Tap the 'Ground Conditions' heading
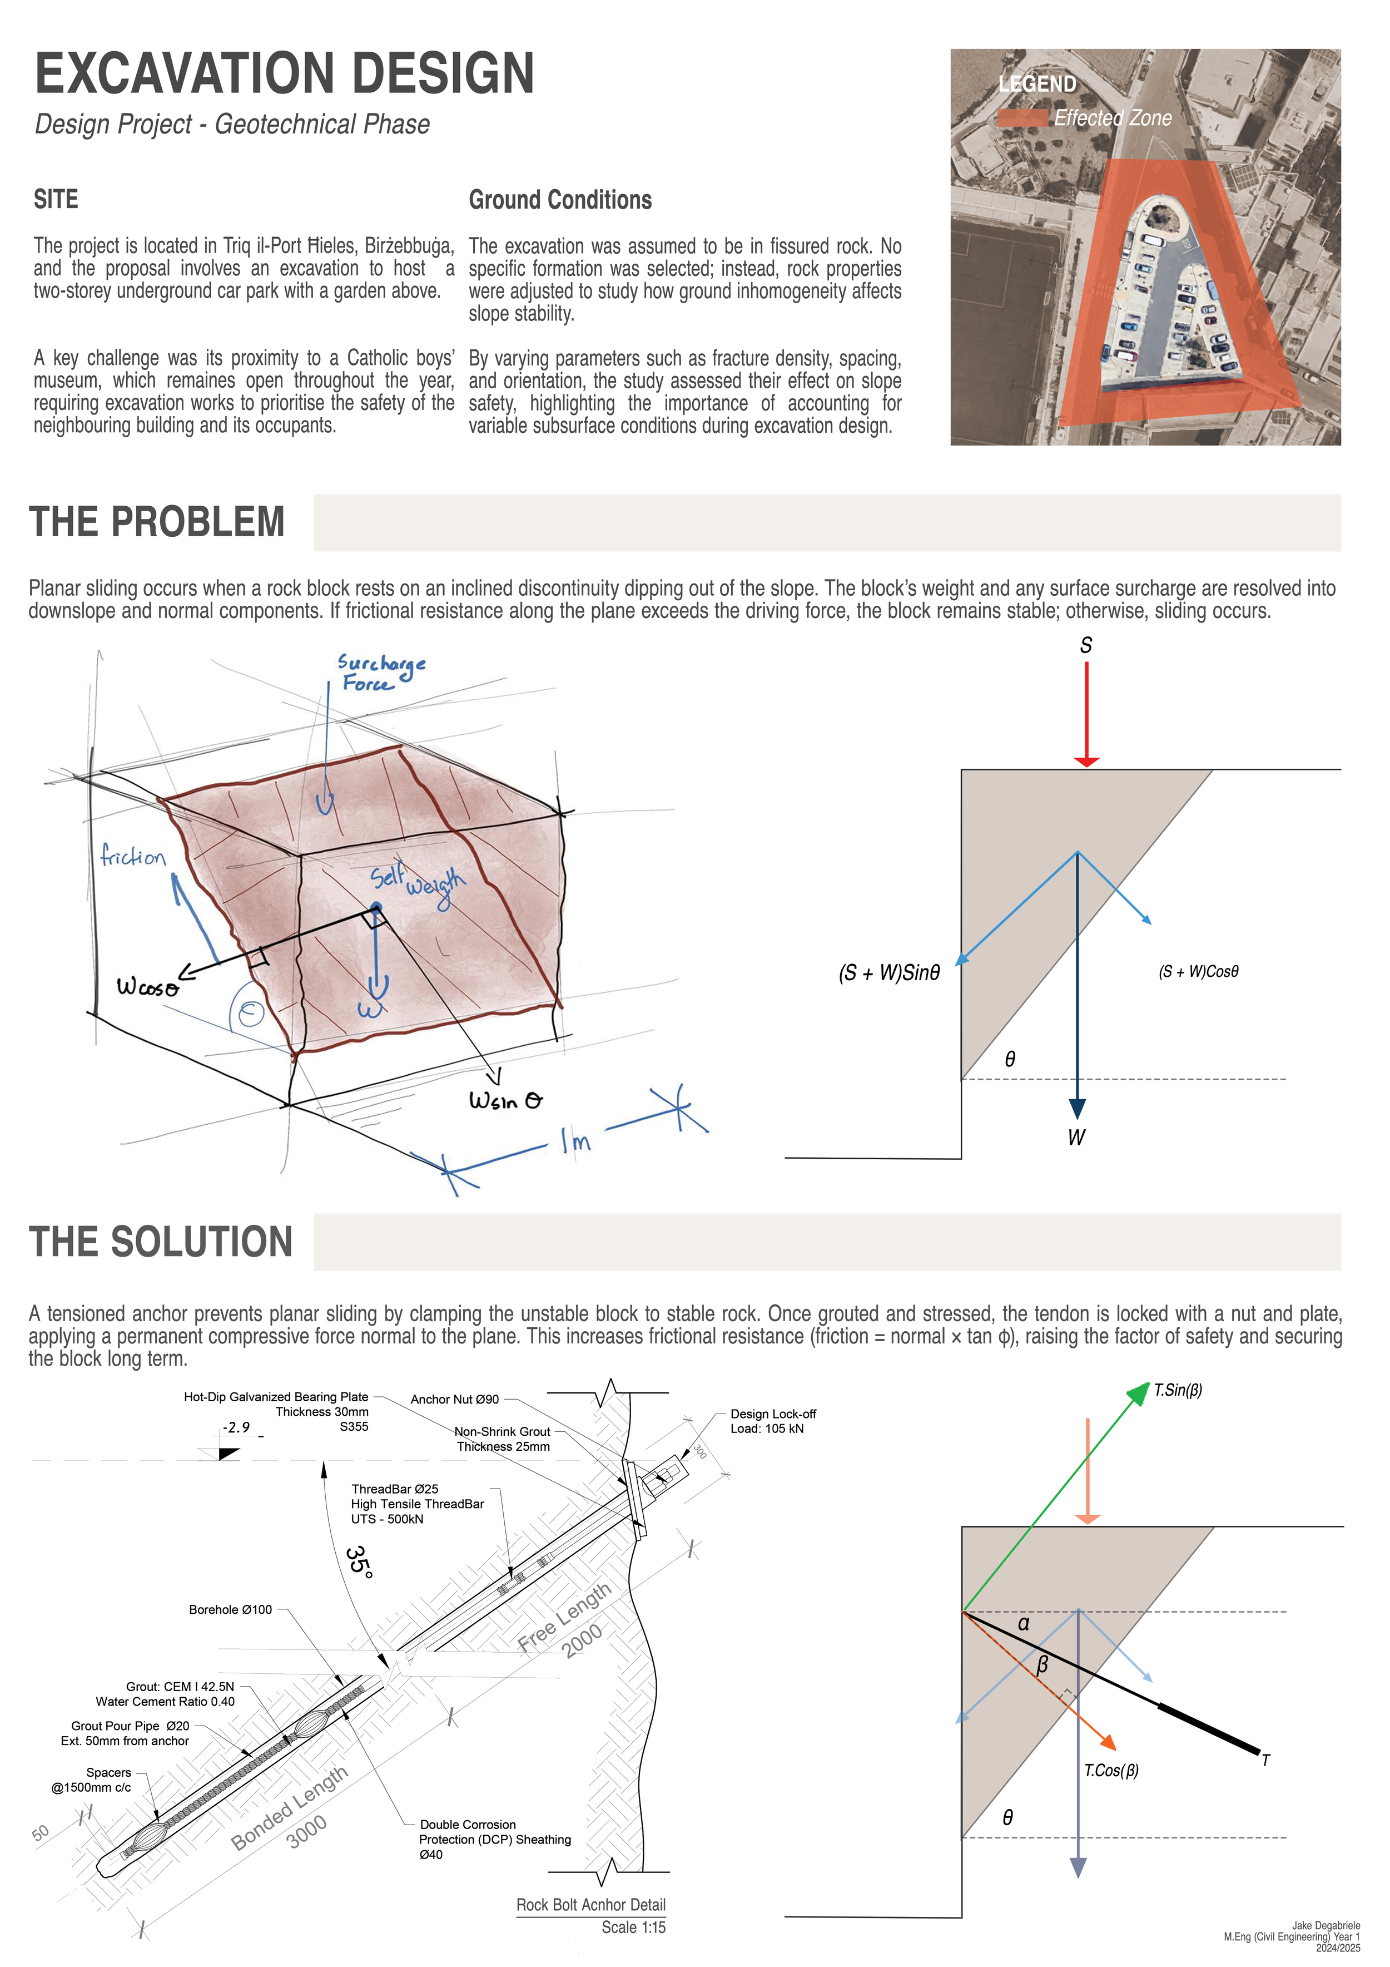560,200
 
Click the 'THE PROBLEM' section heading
157,522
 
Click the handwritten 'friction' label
133,856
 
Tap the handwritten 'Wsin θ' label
505,1100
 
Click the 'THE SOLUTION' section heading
161,1242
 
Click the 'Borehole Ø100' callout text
230,1610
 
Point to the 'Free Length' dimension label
564,1616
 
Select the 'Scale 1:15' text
633,1927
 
